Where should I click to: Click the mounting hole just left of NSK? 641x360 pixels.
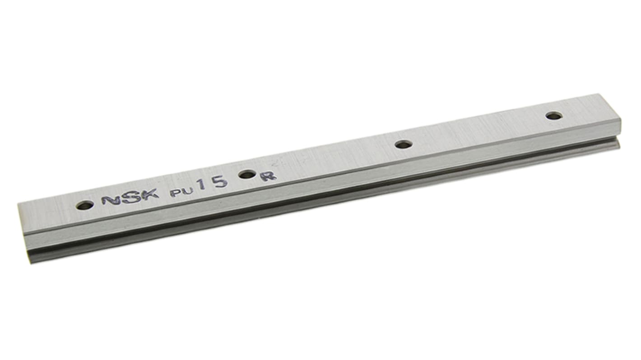click(x=84, y=206)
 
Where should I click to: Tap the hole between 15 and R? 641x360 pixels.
click(x=247, y=174)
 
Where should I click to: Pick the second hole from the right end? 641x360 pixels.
click(x=404, y=144)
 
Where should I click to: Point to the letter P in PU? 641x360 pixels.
click(x=175, y=192)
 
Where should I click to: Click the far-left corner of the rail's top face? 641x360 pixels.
click(x=19, y=205)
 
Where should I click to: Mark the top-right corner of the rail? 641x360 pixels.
click(x=599, y=94)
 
